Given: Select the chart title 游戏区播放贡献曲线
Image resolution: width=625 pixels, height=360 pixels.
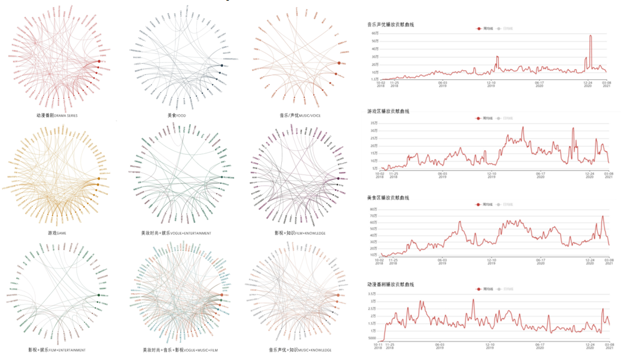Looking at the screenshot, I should (388, 111).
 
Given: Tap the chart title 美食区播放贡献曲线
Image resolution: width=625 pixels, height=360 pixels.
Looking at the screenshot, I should (388, 197).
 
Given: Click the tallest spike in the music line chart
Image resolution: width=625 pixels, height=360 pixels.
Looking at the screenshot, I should (590, 36).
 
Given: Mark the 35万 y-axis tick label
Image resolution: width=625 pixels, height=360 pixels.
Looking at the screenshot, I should (373, 123).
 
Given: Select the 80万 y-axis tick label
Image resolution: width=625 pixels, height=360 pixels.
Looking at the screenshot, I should (373, 209).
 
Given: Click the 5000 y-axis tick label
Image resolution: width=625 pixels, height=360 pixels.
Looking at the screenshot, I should (372, 339).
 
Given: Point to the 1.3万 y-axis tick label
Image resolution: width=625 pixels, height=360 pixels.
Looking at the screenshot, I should (374, 79).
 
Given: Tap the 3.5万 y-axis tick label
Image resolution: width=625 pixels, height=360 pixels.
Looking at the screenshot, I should (372, 294).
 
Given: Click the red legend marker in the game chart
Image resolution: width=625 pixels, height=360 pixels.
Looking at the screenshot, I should (478, 119).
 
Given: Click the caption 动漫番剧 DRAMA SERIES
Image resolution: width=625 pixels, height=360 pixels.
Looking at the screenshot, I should (57, 116).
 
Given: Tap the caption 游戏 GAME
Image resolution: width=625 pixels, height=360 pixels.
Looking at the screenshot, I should (57, 233).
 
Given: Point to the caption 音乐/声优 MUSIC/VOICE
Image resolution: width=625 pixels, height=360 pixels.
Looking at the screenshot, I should (301, 116).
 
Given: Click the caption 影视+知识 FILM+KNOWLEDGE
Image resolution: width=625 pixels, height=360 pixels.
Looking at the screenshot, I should (300, 233).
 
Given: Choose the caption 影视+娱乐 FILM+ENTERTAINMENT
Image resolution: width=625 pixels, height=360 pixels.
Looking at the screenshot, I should (57, 350).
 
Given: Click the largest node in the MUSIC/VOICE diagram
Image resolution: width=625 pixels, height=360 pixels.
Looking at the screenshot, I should (339, 63).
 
